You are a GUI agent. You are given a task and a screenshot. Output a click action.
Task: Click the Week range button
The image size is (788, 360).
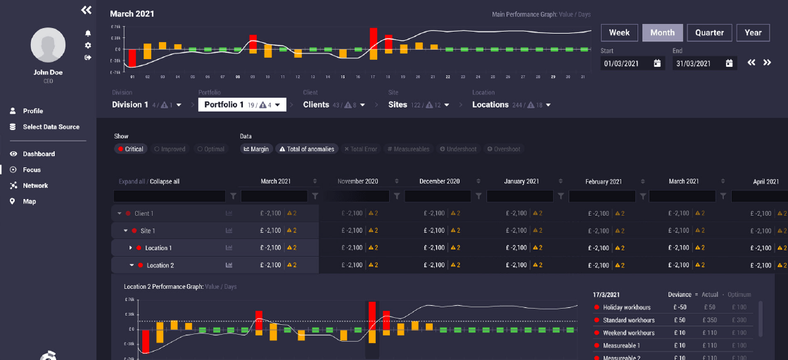click(x=619, y=32)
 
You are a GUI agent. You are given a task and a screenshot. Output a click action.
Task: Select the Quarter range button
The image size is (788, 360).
click(x=709, y=32)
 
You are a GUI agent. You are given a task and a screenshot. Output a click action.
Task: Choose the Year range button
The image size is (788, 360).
click(x=753, y=32)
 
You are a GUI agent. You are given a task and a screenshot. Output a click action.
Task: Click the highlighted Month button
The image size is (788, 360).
click(x=662, y=32)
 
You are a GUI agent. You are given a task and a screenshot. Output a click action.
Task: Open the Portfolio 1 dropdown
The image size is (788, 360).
click(x=242, y=105)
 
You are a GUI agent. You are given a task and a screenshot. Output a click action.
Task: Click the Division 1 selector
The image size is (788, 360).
click(x=146, y=105)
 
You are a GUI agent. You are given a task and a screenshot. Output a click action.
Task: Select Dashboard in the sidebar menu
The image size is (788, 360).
click(x=39, y=154)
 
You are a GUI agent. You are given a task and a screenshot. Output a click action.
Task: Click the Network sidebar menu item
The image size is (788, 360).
click(x=35, y=186)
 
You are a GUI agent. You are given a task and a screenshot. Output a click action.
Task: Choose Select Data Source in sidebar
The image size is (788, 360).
click(x=51, y=127)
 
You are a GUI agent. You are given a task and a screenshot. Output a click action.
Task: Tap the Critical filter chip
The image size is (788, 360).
click(x=131, y=149)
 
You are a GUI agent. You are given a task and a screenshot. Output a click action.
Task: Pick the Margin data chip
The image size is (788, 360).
click(x=256, y=149)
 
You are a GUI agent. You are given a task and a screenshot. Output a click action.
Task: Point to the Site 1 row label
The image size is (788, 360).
click(x=148, y=231)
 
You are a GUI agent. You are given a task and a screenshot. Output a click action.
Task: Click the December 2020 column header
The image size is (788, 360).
click(x=440, y=181)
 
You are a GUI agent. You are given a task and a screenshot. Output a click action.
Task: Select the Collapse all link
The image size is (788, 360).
click(x=165, y=181)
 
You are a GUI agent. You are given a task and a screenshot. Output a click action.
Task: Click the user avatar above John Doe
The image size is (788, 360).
click(x=48, y=46)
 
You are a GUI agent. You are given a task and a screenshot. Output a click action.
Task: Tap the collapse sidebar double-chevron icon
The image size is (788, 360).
click(x=87, y=10)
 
